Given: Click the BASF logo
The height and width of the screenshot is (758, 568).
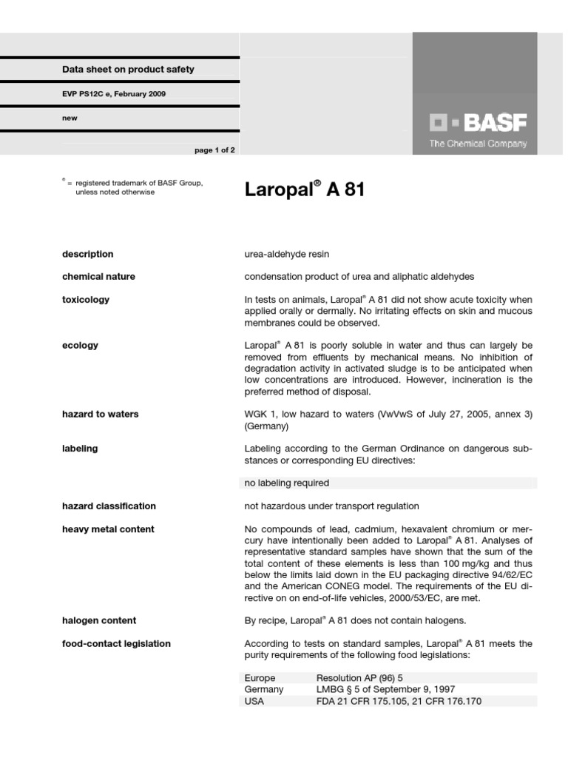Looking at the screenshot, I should click(x=479, y=123).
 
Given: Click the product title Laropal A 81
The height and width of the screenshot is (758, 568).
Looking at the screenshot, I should click(x=304, y=190).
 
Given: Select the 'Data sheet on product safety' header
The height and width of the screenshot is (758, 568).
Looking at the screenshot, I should click(x=128, y=70).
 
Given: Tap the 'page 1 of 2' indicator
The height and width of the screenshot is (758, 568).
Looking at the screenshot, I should click(x=214, y=150).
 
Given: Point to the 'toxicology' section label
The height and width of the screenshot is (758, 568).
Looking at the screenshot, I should click(x=86, y=300).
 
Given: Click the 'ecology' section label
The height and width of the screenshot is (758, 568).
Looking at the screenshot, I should click(x=80, y=345).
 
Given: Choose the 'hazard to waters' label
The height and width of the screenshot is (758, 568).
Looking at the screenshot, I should click(x=100, y=414).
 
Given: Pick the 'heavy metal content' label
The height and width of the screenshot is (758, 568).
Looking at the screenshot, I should click(x=108, y=529).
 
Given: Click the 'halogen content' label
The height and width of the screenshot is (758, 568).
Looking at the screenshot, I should click(x=99, y=620).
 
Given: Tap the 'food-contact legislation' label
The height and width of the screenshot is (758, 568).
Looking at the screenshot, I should click(x=116, y=643).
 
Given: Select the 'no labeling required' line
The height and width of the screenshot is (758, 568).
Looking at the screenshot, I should click(x=287, y=483).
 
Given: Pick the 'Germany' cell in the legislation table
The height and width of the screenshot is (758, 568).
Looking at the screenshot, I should click(x=263, y=689).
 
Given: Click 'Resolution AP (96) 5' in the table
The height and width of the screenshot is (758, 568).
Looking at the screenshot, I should click(x=359, y=677).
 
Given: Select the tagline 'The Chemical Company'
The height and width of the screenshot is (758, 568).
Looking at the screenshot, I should click(x=478, y=144).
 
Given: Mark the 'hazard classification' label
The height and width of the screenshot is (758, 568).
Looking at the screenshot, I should click(x=109, y=506).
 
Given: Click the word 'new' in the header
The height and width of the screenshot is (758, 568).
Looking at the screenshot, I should click(x=70, y=118).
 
